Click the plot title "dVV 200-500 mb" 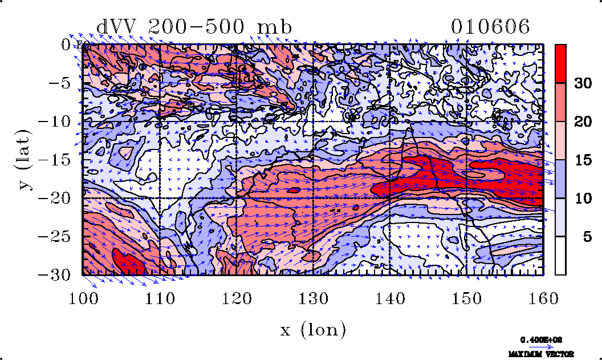194,27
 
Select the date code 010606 490,27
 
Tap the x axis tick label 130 313,299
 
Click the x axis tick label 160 543,299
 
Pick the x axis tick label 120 236,299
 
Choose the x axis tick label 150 466,299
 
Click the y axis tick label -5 59,83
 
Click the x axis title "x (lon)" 313,330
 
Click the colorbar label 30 582,83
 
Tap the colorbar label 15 582,160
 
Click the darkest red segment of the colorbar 561,63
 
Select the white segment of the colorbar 561,256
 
